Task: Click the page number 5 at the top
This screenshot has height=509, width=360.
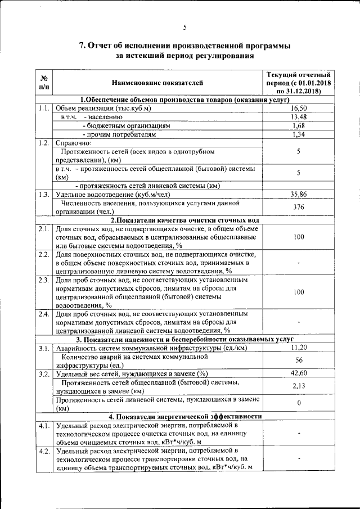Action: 184,27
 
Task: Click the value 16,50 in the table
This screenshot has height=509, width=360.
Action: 299,108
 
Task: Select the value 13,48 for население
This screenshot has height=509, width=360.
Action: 299,117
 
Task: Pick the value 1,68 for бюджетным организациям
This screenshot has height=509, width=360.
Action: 299,126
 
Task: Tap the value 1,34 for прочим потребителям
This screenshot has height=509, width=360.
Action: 299,135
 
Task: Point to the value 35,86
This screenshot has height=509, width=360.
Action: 299,194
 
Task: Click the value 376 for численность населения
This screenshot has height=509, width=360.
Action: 299,207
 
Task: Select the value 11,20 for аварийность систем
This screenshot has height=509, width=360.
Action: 299,348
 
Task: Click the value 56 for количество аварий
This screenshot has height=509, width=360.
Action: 299,361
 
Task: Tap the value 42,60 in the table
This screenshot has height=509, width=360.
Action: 299,373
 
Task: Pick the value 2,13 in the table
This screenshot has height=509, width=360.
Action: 299,386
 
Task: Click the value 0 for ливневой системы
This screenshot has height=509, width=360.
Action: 299,403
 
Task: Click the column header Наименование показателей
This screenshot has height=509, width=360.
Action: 157,83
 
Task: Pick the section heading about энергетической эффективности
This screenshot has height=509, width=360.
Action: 185,417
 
